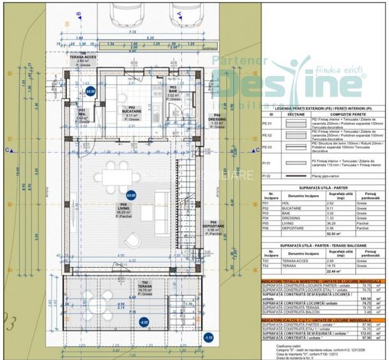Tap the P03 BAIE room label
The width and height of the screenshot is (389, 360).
172,93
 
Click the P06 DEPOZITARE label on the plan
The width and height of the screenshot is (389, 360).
213,226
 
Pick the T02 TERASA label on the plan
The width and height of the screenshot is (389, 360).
146,286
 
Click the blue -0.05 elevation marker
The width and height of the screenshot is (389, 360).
144,323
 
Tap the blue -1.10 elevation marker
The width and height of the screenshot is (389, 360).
208,337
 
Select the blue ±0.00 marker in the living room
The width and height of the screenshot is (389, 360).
131,195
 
